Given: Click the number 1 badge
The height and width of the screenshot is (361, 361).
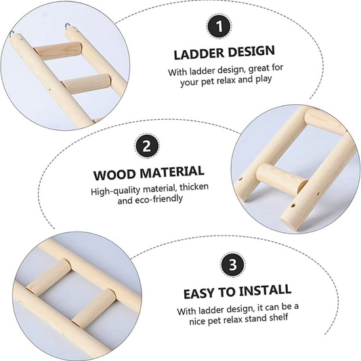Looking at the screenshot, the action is (x=219, y=26).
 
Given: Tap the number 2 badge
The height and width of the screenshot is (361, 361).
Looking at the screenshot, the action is (x=147, y=146).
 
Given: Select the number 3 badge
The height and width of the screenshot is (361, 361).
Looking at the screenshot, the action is (x=232, y=264).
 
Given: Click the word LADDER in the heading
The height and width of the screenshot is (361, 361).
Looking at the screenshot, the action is (x=198, y=54).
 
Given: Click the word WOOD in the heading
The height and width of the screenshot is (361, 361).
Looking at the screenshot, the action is (x=114, y=175).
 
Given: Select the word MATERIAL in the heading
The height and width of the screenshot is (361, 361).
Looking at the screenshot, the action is (x=172, y=172).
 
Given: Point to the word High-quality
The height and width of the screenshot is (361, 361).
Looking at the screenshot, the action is (x=115, y=190).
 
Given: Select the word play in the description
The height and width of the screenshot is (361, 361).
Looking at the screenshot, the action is (x=263, y=79).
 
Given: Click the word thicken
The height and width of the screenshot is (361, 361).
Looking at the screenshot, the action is (x=194, y=187).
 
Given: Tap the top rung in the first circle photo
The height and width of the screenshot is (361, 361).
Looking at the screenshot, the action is (x=58, y=51).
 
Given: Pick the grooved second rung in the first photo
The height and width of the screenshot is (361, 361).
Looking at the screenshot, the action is (x=86, y=84).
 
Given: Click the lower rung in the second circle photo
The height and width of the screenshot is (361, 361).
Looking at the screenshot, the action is (x=282, y=179).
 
